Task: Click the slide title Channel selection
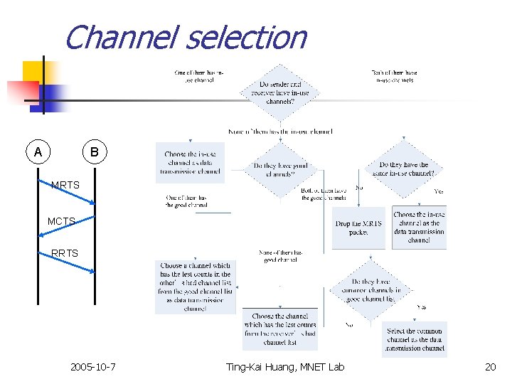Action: click(185, 38)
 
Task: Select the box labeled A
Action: click(38, 152)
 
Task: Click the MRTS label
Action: click(65, 186)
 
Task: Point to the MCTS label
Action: click(62, 221)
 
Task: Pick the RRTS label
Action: click(65, 252)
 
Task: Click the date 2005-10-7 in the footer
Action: click(93, 367)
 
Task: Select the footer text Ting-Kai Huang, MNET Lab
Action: click(284, 367)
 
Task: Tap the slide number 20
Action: click(489, 367)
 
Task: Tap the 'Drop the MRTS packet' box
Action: click(358, 228)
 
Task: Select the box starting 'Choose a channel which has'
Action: click(195, 287)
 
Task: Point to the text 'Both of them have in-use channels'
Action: click(395, 76)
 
